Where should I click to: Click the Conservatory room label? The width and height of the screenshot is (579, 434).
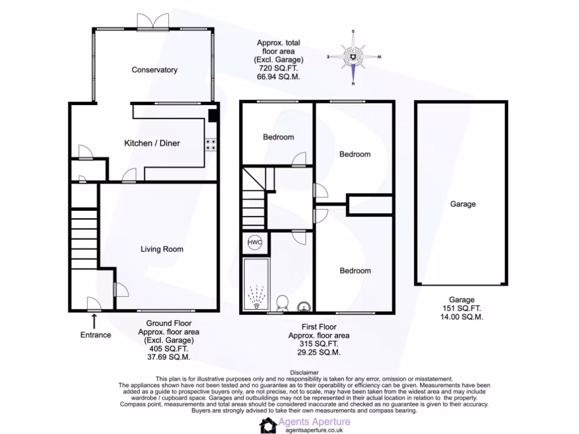click(x=154, y=70)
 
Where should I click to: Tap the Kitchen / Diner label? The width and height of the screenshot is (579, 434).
click(x=152, y=144)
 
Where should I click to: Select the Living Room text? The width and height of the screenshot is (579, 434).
click(x=162, y=249)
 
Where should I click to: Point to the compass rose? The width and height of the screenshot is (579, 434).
click(x=353, y=57)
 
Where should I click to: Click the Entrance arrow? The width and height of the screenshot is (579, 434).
click(x=94, y=321)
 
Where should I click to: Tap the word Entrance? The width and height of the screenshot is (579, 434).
click(x=96, y=335)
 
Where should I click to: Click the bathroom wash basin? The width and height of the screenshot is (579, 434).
click(x=304, y=306)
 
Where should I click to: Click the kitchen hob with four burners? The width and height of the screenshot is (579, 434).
click(x=212, y=145)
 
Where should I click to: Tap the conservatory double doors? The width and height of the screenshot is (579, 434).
click(x=152, y=21)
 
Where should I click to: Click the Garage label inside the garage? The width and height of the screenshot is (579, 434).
click(x=463, y=204)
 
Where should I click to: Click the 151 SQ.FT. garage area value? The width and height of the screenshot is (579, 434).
click(x=462, y=309)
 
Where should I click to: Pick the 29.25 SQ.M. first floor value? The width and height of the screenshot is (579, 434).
click(x=318, y=352)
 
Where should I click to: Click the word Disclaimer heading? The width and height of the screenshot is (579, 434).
click(x=304, y=372)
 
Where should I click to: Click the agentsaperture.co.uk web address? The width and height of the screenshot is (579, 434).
click(x=309, y=430)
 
